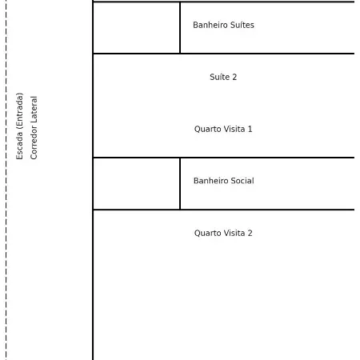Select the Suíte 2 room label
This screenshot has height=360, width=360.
223,77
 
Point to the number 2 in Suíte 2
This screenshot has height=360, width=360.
234,77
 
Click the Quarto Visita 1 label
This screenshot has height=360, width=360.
223,129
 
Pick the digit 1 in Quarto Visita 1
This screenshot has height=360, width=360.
250,129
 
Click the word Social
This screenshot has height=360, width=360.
242,181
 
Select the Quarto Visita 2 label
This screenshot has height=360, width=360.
223,233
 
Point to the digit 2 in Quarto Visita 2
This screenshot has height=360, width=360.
250,233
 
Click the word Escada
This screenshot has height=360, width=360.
19,148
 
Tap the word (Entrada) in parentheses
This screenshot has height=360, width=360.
19,114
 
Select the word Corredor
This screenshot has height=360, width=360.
34,142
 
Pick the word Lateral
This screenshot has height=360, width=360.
34,110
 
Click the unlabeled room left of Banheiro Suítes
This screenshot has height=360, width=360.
136,28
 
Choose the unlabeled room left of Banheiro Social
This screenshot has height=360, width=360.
136,183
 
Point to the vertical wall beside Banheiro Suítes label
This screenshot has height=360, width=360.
180,28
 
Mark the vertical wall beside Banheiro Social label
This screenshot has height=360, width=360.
180,183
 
